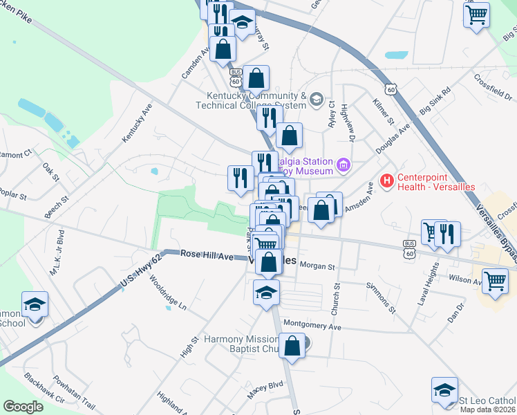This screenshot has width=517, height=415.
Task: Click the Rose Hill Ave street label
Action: click(207, 255)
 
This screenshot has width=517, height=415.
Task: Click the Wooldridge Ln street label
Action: click(169, 295)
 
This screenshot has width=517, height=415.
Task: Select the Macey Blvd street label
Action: click(266, 389)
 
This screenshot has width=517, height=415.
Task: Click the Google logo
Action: click(23, 407)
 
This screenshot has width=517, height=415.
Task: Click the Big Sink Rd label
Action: click(435, 101)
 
